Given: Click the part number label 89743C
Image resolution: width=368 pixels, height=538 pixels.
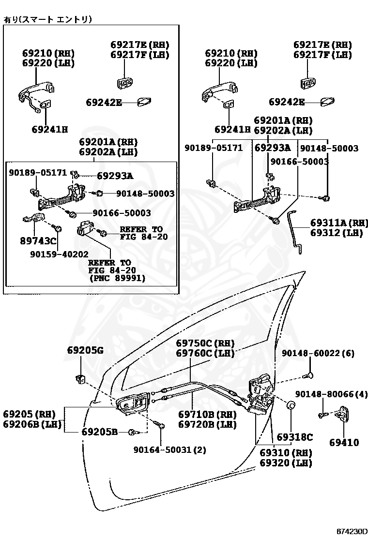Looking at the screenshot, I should click(x=38, y=241).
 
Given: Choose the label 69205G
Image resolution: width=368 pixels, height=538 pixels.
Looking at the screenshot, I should click(x=85, y=350).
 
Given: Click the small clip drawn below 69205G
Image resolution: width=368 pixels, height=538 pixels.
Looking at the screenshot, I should click(x=81, y=379).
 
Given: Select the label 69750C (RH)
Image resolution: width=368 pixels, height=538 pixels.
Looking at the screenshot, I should click(x=205, y=344).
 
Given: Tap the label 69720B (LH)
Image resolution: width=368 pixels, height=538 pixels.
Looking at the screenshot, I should click(x=207, y=425).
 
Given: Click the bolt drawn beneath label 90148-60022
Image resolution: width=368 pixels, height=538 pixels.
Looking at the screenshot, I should click(x=309, y=374).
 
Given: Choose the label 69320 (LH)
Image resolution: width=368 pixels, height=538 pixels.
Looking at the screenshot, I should click(x=286, y=463).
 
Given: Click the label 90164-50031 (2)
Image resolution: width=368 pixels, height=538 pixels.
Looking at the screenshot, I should click(x=170, y=449).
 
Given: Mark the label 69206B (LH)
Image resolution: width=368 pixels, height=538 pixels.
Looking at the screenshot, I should click(x=32, y=425).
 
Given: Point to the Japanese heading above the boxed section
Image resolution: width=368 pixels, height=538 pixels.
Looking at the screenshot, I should click(x=47, y=19).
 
